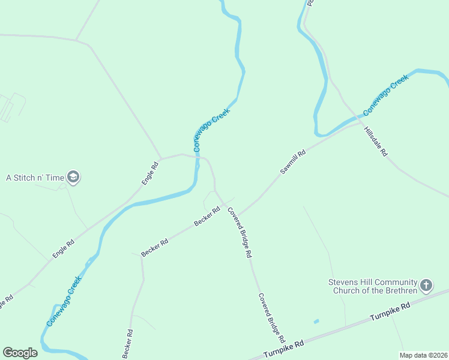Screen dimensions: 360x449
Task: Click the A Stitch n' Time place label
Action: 35,178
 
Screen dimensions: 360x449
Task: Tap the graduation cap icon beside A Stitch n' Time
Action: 74,177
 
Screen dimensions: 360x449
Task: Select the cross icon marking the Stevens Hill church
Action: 426,285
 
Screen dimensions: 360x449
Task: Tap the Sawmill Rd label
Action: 293,162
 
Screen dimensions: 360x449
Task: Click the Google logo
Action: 20,353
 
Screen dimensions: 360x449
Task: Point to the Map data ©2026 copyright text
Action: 423,355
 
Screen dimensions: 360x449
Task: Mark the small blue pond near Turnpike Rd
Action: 316,322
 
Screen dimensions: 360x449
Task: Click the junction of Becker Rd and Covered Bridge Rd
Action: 224,205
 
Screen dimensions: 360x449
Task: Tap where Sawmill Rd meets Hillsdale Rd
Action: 359,125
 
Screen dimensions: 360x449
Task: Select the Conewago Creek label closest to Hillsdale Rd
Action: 385,95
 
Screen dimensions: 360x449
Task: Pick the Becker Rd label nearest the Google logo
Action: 127,344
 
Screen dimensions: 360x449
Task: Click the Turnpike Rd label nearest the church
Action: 390,311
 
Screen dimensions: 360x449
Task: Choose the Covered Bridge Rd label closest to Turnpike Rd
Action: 271,317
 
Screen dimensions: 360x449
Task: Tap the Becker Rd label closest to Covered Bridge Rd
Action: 207,217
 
